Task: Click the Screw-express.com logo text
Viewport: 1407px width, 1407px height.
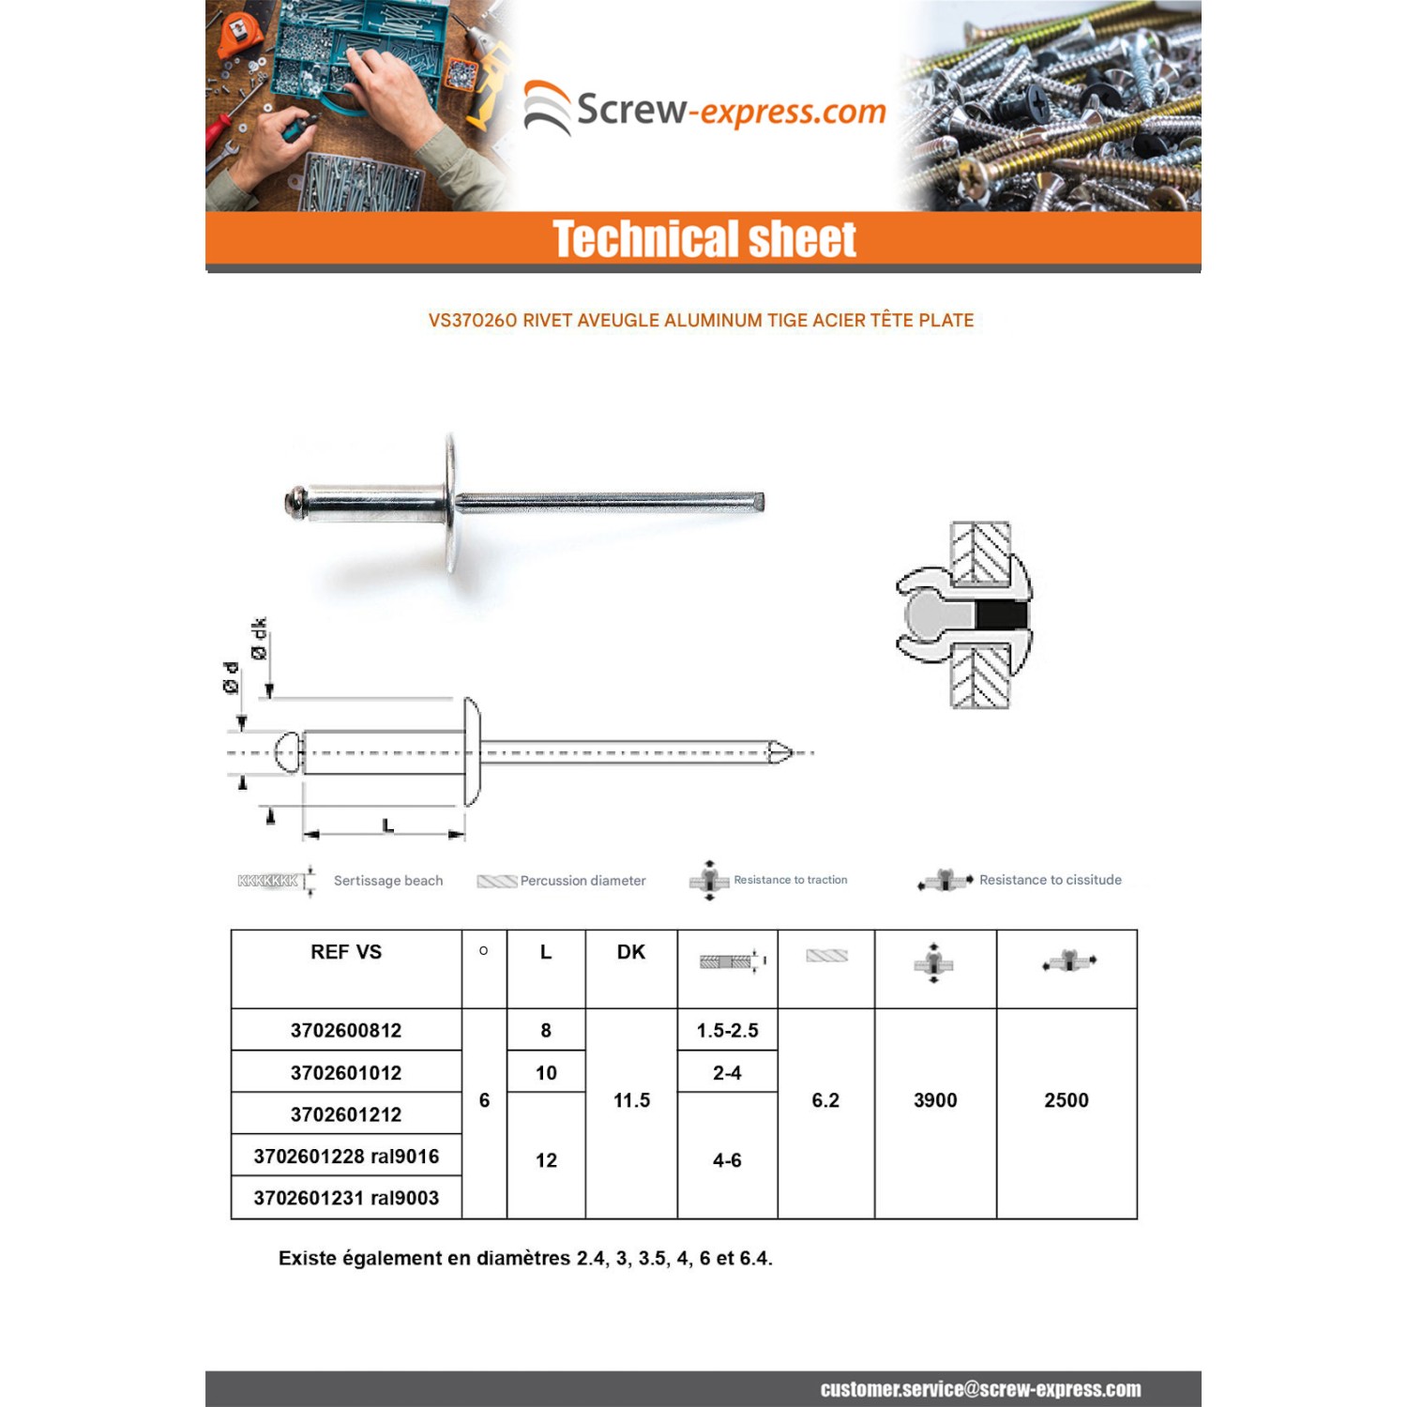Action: pos(730,111)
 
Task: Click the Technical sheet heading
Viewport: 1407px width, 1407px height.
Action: pos(703,239)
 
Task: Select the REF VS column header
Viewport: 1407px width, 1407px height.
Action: pos(346,952)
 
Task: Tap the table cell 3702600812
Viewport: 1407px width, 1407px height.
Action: pos(346,1031)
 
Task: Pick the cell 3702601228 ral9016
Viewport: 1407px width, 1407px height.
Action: pos(346,1157)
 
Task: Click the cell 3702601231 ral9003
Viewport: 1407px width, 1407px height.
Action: pos(346,1198)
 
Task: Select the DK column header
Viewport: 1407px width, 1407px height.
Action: pos(631,952)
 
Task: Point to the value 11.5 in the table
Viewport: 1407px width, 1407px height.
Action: pos(631,1100)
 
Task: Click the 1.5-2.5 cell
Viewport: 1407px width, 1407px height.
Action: pos(727,1031)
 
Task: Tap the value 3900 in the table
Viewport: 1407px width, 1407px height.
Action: pos(935,1100)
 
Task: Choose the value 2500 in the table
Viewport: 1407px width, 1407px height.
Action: pos(1067,1100)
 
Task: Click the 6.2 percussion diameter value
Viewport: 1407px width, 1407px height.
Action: pos(825,1100)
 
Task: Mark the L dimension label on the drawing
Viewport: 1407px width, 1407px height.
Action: pos(387,825)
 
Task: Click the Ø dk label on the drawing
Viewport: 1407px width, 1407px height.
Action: pos(259,638)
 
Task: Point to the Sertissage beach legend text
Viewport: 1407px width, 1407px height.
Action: pos(388,881)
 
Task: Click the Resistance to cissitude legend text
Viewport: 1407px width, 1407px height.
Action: pos(1050,880)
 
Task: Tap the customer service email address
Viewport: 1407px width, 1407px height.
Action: pos(980,1389)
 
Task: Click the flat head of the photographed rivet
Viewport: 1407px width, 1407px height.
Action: pos(451,503)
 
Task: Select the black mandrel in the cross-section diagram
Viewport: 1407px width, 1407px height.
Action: pos(1001,615)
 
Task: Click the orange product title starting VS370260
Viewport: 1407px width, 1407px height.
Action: pos(701,321)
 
